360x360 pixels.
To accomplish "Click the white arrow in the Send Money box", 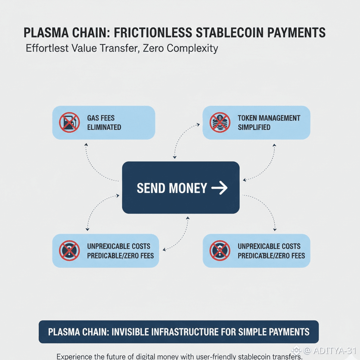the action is (x=219, y=188).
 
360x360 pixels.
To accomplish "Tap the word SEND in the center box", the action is (x=151, y=188).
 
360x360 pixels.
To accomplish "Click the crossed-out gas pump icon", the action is (x=69, y=122).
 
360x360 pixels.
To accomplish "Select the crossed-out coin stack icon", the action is (x=220, y=122).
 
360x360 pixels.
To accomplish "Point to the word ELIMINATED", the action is (x=104, y=127).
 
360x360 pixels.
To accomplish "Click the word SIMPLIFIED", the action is (x=254, y=127).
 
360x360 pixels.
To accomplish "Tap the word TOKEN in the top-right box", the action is (x=248, y=118).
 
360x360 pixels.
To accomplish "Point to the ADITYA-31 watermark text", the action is (x=334, y=350).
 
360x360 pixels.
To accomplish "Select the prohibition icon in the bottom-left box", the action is (x=69, y=251).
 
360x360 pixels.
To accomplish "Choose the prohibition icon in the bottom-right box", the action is (x=220, y=251).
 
